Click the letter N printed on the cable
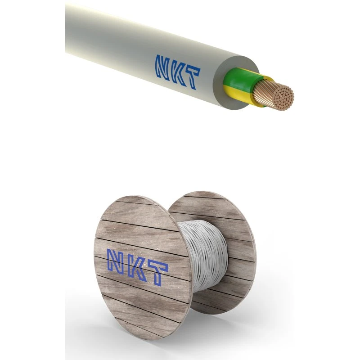[162, 66]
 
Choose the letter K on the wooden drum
[137, 267]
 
